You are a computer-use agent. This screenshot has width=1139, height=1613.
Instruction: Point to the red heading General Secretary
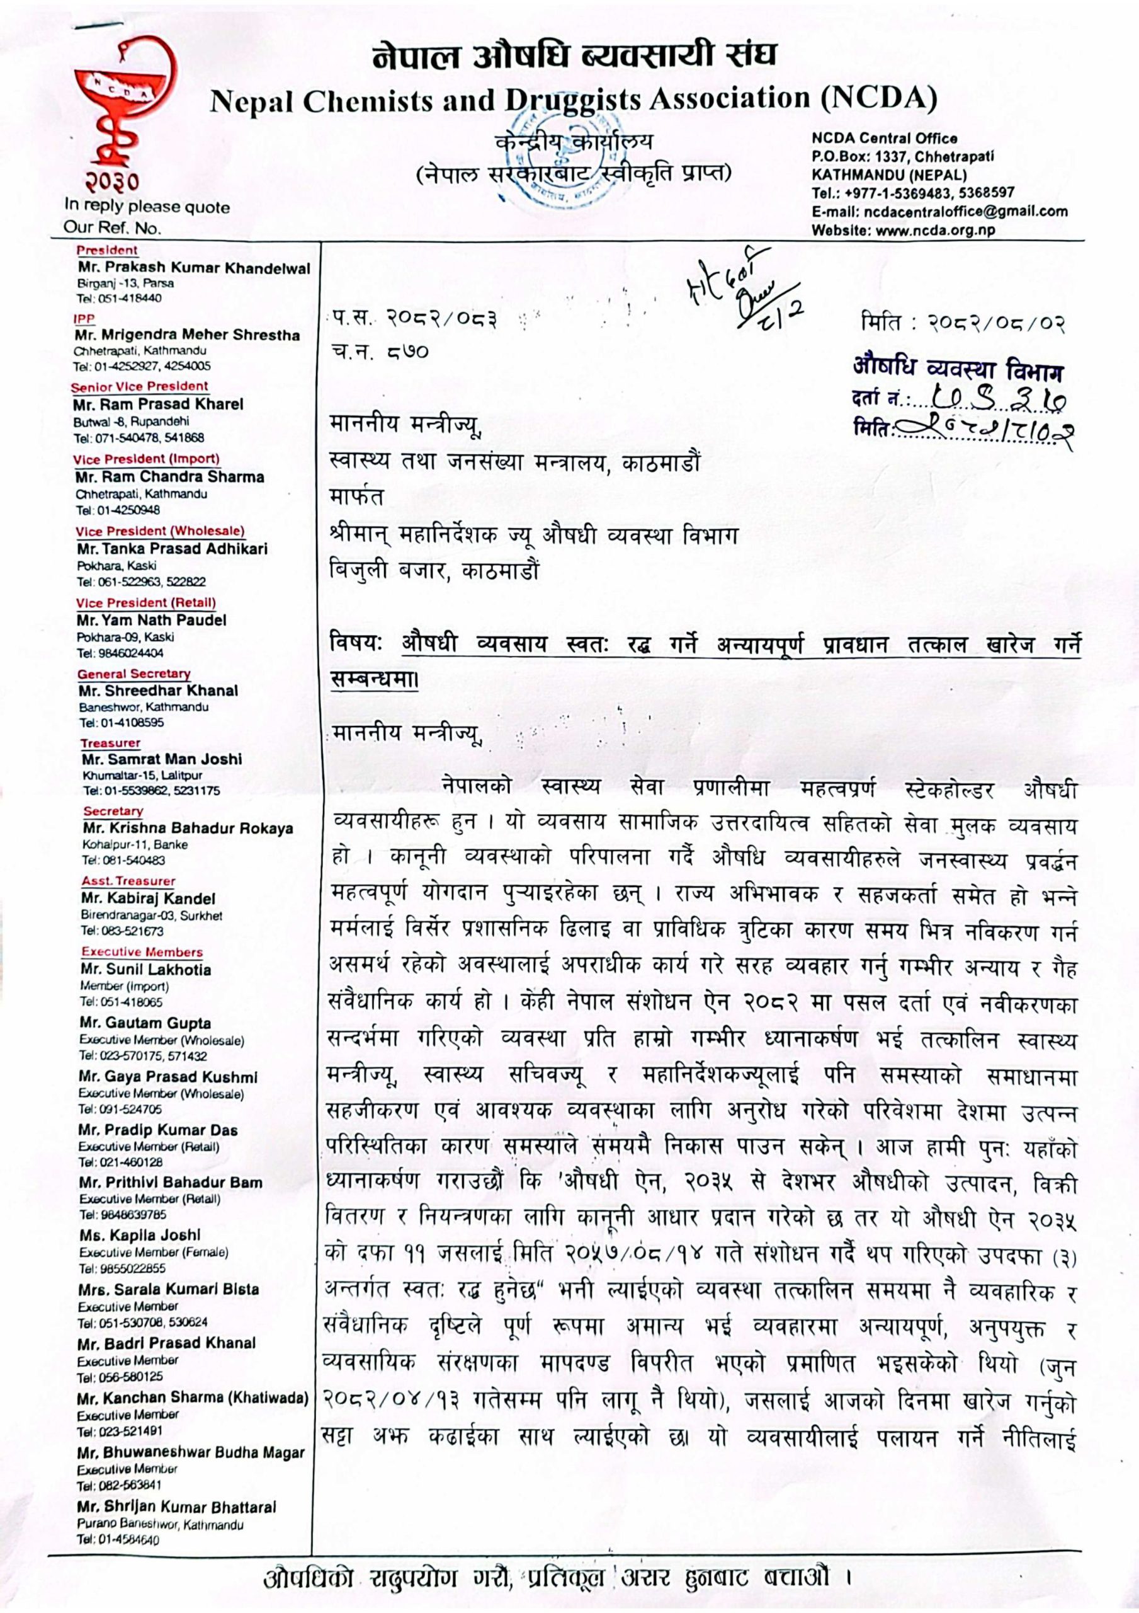coord(133,674)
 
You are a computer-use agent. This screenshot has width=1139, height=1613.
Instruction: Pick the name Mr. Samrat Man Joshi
coord(162,759)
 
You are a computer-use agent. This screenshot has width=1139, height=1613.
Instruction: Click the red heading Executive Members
coord(142,952)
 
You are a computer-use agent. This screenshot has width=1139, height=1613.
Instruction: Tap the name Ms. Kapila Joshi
coord(140,1235)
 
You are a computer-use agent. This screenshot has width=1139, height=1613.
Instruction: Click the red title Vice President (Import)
coord(146,459)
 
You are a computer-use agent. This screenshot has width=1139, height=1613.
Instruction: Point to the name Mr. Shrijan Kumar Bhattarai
coord(177,1507)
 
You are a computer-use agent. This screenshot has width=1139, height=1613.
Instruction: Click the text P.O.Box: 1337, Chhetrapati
coord(902,157)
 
